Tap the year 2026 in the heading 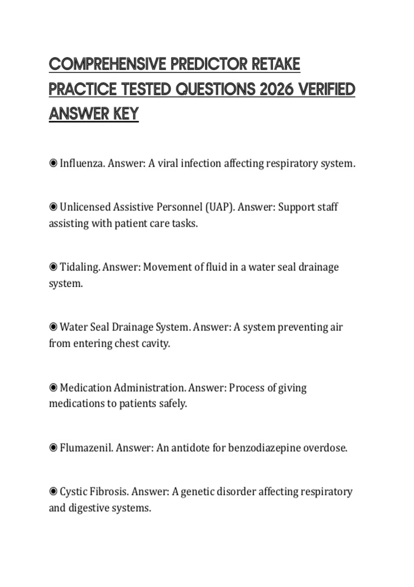(276, 89)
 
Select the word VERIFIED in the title (326, 89)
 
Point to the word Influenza (82, 163)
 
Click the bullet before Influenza (53, 163)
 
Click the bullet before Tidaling (53, 267)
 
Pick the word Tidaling (80, 267)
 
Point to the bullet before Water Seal (53, 327)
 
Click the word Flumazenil (87, 448)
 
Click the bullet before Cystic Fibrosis (53, 491)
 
